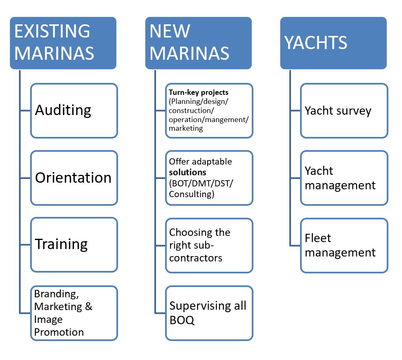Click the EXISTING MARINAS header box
coord(63,42)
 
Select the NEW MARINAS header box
coord(198,42)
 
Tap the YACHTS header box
coord(333,42)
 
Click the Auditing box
coord(74,111)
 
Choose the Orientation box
coord(74,178)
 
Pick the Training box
coord(74,245)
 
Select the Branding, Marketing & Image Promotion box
coord(74,313)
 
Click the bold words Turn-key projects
coord(199,92)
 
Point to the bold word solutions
coord(187,171)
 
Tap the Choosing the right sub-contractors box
coord(209,245)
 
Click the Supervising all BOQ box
coord(209,313)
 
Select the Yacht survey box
coord(344,111)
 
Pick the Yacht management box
coord(344,178)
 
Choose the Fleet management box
coord(344,245)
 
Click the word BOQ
coord(182,320)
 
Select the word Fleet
coord(318,238)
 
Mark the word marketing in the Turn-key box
coord(186,128)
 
